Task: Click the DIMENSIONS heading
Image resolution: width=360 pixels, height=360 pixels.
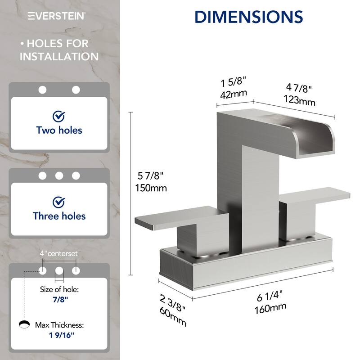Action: pyautogui.click(x=248, y=16)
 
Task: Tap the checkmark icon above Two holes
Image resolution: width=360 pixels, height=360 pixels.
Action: pyautogui.click(x=59, y=117)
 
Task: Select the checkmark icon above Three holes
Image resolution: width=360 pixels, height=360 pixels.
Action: pyautogui.click(x=59, y=202)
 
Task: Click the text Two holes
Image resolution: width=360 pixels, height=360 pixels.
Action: pyautogui.click(x=59, y=130)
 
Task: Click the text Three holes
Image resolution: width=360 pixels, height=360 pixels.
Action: pyautogui.click(x=59, y=216)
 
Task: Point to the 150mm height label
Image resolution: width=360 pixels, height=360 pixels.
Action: pyautogui.click(x=151, y=188)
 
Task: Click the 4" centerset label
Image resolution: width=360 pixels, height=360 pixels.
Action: pyautogui.click(x=59, y=253)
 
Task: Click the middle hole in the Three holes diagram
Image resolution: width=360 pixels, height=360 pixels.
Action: pyautogui.click(x=59, y=175)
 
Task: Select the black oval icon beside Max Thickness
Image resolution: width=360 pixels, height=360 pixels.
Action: pyautogui.click(x=24, y=324)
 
